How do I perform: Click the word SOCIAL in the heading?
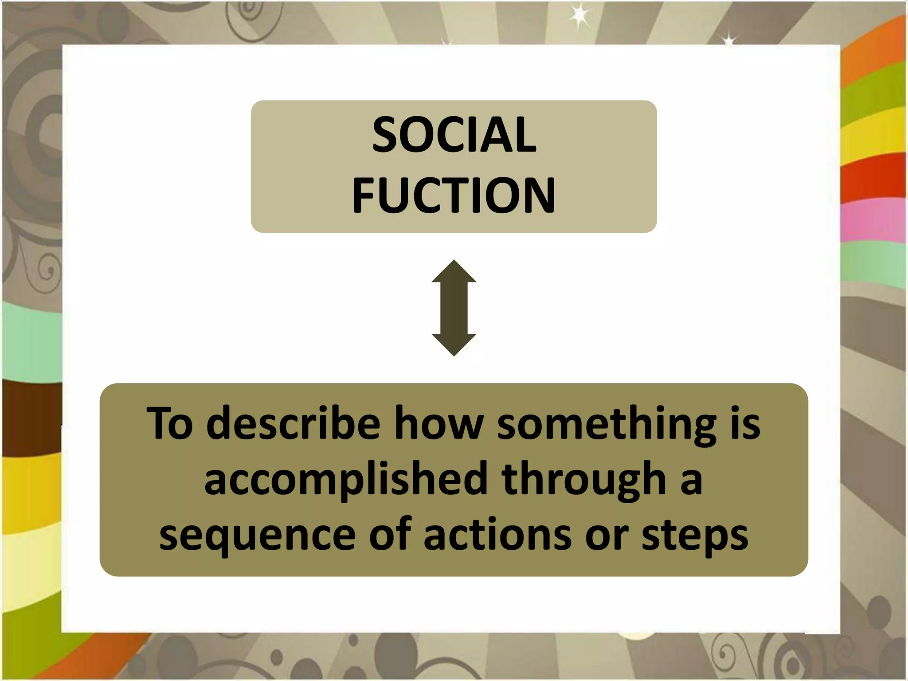click(x=454, y=135)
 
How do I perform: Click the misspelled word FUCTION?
click(x=454, y=195)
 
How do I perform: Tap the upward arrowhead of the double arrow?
click(x=454, y=271)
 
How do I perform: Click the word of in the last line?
click(x=390, y=534)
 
